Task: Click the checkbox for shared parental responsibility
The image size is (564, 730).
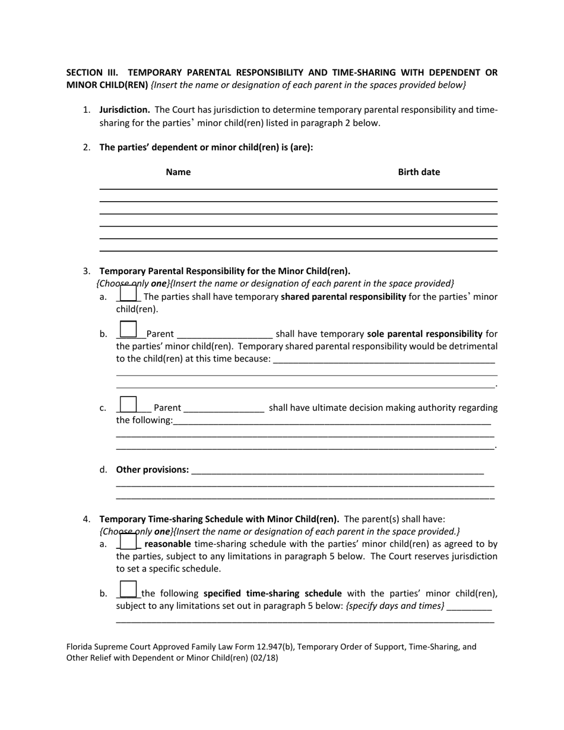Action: tap(128, 294)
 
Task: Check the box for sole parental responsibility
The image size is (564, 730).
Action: tap(128, 330)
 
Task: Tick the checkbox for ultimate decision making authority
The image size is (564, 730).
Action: tap(128, 405)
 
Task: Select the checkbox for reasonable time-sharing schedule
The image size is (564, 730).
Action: tap(128, 541)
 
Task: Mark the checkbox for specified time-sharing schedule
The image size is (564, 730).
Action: tap(128, 589)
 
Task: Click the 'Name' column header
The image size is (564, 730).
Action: tap(178, 172)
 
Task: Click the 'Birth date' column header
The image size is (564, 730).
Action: tap(419, 172)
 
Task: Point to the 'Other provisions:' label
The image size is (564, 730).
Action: tap(153, 470)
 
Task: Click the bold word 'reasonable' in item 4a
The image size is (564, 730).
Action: tap(167, 544)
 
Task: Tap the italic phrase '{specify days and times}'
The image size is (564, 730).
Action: tap(395, 606)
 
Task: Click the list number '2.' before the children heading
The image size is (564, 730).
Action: tap(87, 148)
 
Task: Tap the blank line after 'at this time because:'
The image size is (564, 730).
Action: tap(384, 360)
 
